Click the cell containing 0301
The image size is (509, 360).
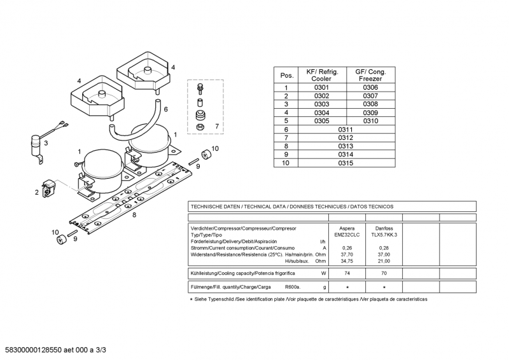(x=322, y=88)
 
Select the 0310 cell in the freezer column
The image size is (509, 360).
(x=370, y=121)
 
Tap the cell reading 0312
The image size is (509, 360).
(x=345, y=137)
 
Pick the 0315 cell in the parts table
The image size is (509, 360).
(x=345, y=163)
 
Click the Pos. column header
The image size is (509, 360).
(x=286, y=75)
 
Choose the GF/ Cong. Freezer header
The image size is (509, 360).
(x=370, y=74)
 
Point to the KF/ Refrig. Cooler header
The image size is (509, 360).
(x=322, y=74)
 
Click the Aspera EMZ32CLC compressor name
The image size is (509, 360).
(x=347, y=231)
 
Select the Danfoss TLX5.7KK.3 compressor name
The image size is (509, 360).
(x=384, y=231)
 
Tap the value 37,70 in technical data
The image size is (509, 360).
(x=347, y=254)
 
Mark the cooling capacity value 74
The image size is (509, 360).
(x=347, y=273)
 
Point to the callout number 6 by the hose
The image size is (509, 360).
(x=166, y=109)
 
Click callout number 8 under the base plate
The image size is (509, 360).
(x=134, y=215)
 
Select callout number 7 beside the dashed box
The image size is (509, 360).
(x=216, y=127)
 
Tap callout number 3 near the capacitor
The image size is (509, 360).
(x=45, y=144)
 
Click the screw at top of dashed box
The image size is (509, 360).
(x=199, y=87)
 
